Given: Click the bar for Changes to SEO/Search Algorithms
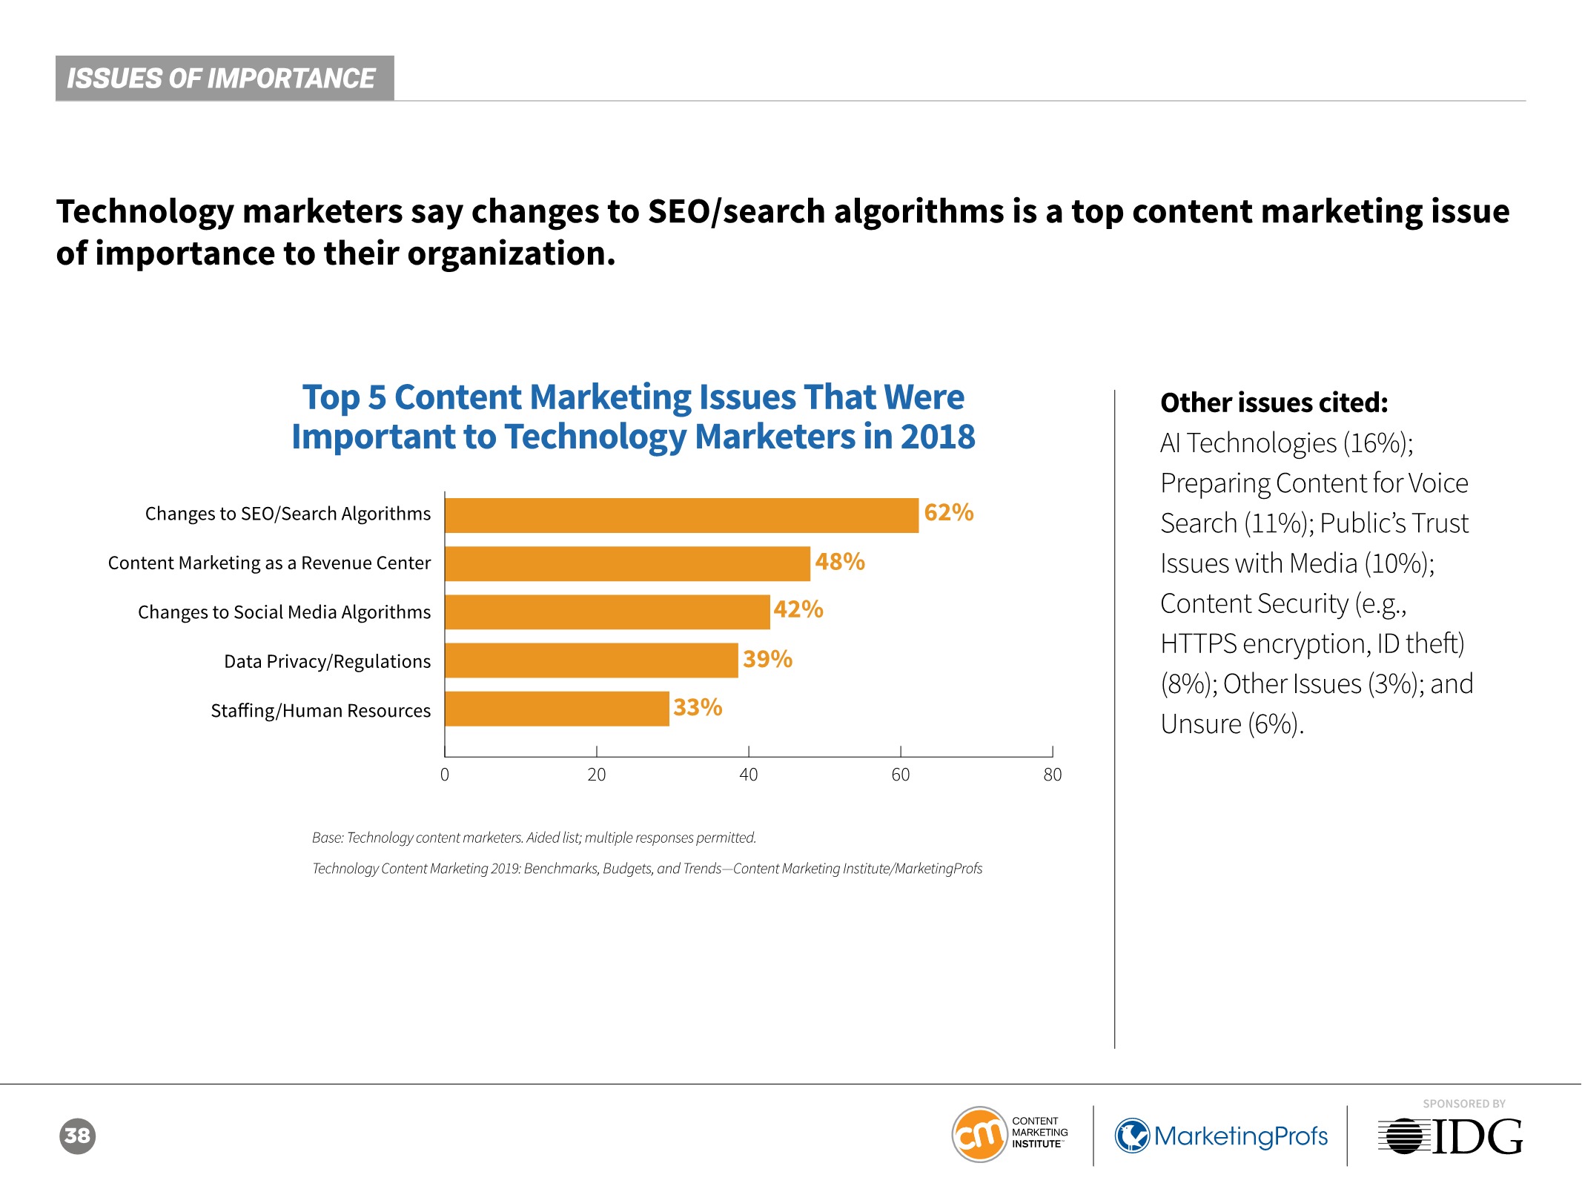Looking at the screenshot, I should click(681, 515).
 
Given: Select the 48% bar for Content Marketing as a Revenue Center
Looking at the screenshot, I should click(627, 564).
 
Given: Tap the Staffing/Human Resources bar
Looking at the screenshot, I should click(557, 709).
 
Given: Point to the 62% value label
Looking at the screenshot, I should click(948, 512).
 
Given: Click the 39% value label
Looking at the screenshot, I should click(767, 659).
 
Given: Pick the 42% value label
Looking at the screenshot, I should click(798, 609).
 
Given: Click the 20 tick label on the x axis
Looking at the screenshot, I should click(596, 775).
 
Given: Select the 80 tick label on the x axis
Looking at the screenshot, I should click(1052, 775).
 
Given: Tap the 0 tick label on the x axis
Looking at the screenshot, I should click(445, 775).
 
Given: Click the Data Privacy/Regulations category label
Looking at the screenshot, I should click(327, 661).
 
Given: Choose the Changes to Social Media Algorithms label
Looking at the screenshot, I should click(284, 612).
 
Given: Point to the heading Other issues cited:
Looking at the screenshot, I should click(1274, 402).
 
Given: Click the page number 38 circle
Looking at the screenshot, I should click(77, 1136).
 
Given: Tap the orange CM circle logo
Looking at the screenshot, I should click(979, 1135).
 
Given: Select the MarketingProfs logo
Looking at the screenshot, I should click(1221, 1136).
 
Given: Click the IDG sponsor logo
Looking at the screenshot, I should click(1450, 1136).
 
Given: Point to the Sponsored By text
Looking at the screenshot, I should click(1463, 1104).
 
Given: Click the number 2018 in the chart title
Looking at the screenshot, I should click(937, 437).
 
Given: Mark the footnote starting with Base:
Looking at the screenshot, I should click(534, 838).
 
